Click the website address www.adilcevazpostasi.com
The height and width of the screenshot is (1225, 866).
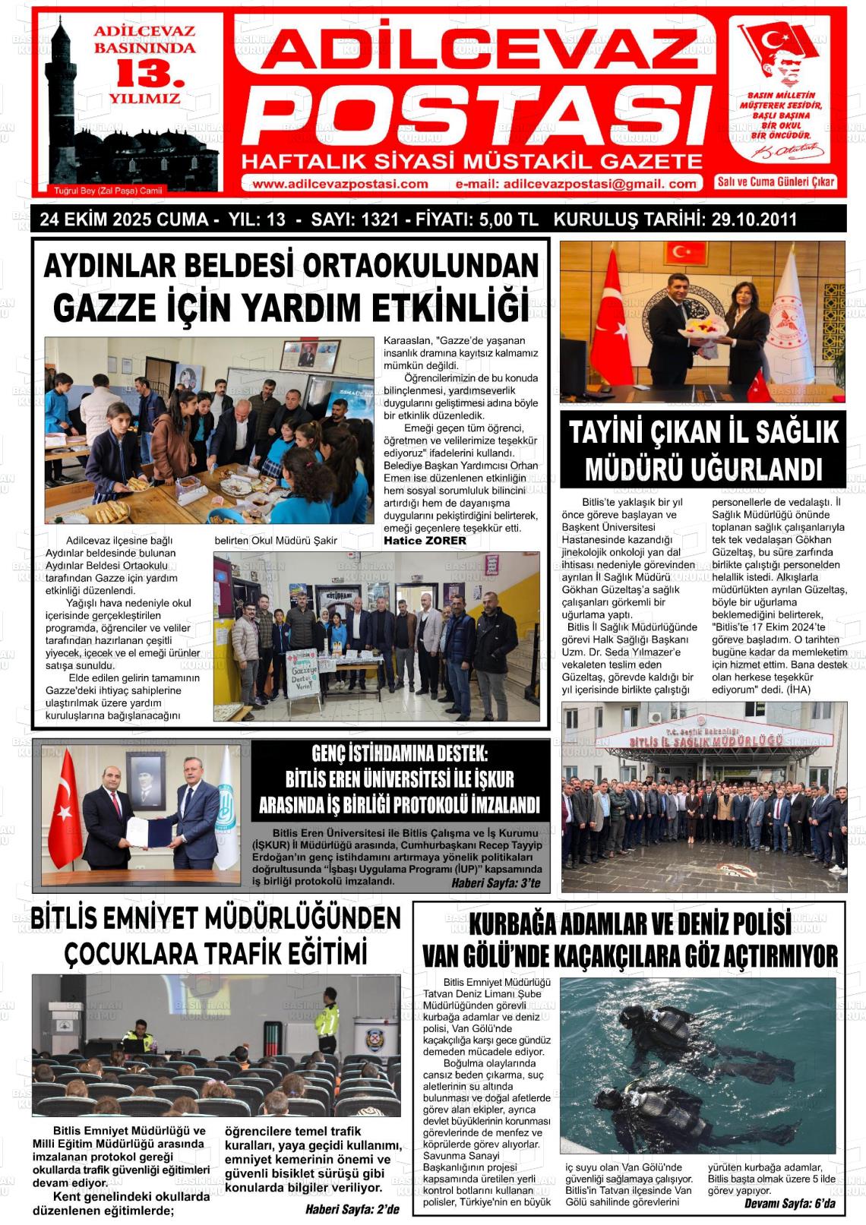pyautogui.click(x=340, y=184)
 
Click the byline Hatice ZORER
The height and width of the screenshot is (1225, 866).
pyautogui.click(x=425, y=541)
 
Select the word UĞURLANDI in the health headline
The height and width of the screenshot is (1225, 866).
pyautogui.click(x=755, y=469)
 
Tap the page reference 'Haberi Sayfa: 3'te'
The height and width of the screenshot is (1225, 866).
pyautogui.click(x=495, y=883)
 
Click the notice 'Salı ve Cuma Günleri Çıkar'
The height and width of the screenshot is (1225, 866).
pyautogui.click(x=776, y=182)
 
